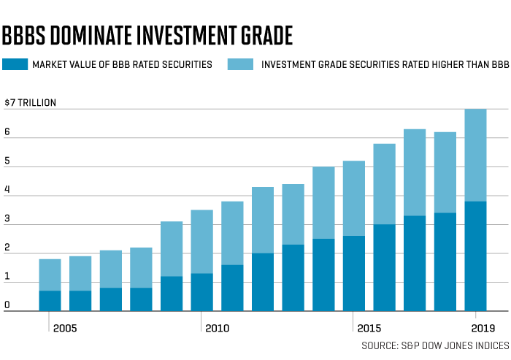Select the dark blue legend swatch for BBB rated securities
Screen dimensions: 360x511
[14, 65]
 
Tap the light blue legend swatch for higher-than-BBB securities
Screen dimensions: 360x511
[241, 65]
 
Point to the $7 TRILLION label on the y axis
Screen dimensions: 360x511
[30, 102]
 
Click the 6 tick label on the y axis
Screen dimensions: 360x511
[7, 133]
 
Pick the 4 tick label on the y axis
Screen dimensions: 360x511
[7, 191]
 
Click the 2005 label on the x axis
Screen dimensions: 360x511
[64, 329]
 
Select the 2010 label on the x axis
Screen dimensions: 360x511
[217, 329]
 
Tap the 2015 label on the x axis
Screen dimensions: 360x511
[369, 329]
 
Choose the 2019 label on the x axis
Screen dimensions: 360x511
[483, 329]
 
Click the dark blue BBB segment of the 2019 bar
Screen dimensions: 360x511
[475, 256]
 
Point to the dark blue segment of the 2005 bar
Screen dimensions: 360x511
[50, 301]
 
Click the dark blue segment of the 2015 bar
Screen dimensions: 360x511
[354, 273]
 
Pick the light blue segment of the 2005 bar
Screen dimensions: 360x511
[50, 275]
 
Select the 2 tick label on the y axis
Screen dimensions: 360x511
[7, 248]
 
